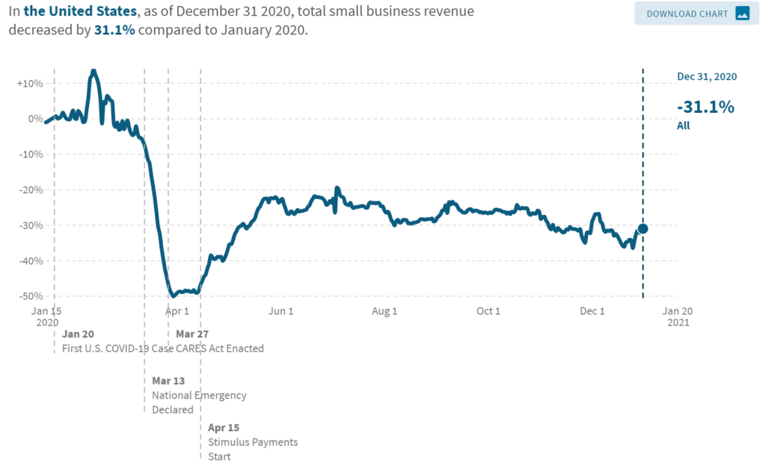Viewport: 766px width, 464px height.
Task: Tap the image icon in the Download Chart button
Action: (741, 13)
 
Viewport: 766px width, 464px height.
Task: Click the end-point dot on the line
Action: (642, 228)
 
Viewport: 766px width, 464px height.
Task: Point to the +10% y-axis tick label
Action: (29, 83)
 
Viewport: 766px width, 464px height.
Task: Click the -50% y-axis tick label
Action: (29, 296)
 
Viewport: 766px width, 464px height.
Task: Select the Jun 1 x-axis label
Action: (281, 311)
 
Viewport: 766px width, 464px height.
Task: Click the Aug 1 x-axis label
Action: (385, 311)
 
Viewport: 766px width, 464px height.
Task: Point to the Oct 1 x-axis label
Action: (488, 311)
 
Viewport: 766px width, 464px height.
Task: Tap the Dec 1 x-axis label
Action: (592, 311)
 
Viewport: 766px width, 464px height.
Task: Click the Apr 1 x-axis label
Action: (177, 311)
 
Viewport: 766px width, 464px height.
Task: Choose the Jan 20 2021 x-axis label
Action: (677, 317)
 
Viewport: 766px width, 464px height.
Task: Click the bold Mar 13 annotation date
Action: (169, 381)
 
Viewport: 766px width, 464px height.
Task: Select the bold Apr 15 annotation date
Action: (223, 428)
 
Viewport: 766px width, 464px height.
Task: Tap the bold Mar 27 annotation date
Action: (192, 335)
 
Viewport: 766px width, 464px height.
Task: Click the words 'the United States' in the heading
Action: (80, 12)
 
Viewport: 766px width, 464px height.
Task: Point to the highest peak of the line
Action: (93, 71)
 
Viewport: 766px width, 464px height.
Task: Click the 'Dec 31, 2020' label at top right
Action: (707, 77)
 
